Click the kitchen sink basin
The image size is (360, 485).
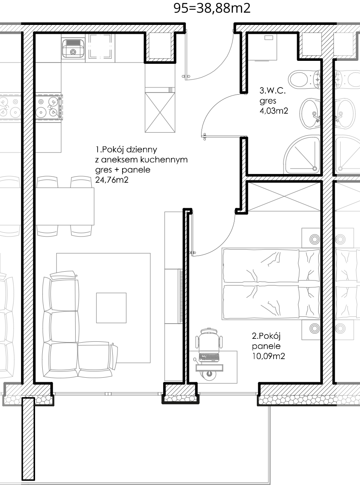coord(73,48)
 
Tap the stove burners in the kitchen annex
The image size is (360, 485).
coord(49,107)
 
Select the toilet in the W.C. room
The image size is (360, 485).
coord(303,79)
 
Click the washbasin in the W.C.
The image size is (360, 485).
coord(310,114)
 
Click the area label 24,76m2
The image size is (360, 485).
coord(112,180)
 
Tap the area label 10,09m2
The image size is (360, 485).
coord(268,356)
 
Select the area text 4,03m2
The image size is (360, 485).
coord(274,111)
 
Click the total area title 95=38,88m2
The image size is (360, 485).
coord(212,8)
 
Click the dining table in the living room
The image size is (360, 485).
coord(65,206)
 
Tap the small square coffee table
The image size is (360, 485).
coord(112,308)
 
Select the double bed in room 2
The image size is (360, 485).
coord(271,283)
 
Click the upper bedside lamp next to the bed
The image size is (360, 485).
coord(315,239)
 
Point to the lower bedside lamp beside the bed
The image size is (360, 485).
coord(315,329)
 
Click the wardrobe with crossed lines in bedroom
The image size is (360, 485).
coord(284,197)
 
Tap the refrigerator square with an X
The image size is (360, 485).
coord(160,112)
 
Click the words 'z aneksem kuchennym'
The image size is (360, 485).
coord(142,160)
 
